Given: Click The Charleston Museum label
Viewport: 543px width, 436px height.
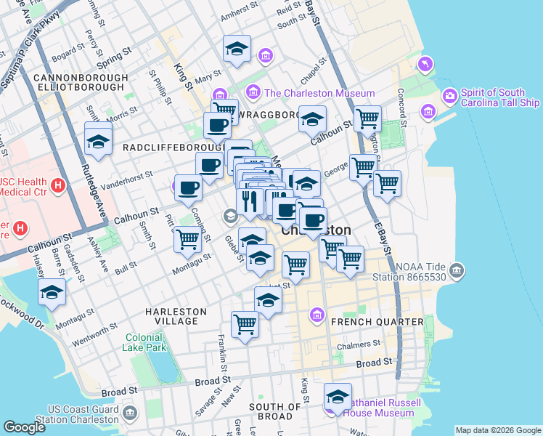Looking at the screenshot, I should [x=319, y=93].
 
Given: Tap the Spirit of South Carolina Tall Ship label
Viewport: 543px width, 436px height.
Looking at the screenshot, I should [x=500, y=97].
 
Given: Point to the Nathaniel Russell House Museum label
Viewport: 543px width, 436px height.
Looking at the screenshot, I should [x=382, y=408].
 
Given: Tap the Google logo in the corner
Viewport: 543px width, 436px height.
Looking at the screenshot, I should [x=24, y=427].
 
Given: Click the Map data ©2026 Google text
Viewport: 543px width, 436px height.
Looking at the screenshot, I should [x=498, y=430].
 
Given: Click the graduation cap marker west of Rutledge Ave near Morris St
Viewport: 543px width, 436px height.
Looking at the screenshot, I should [x=98, y=140].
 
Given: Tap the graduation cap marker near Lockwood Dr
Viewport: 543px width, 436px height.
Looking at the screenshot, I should [x=52, y=292].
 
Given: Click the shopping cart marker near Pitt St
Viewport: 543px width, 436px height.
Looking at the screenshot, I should [x=187, y=238].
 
